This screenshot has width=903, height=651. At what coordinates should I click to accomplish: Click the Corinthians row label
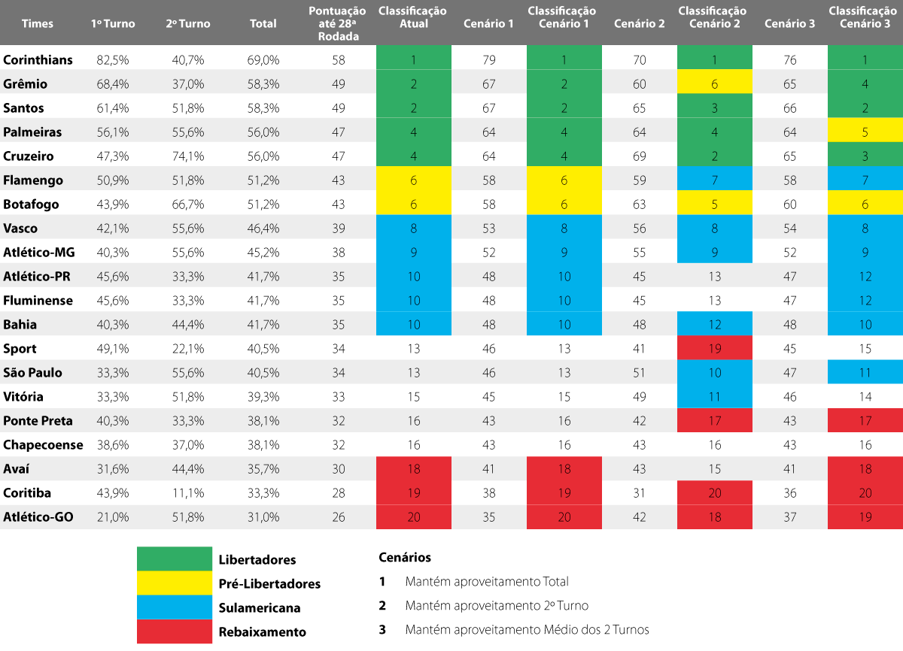(x=38, y=60)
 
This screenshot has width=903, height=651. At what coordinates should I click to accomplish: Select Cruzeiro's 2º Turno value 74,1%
(x=188, y=156)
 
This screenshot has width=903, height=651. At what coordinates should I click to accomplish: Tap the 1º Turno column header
(x=113, y=23)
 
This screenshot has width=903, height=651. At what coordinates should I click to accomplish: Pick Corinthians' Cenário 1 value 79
(x=489, y=60)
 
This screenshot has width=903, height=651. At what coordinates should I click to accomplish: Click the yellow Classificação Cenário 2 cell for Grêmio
(x=714, y=84)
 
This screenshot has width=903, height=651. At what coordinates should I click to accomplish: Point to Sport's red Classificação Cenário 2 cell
(x=714, y=349)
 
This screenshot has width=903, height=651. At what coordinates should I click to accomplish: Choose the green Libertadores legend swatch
(x=175, y=559)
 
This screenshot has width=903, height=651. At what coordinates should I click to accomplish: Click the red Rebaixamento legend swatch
(x=175, y=631)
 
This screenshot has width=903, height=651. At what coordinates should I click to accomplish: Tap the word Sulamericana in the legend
(x=259, y=608)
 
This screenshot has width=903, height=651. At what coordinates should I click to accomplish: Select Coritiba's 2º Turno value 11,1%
(x=188, y=493)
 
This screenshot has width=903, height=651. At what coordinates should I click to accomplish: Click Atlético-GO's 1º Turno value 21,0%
(x=113, y=517)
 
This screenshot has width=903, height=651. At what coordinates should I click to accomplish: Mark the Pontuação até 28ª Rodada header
(x=338, y=23)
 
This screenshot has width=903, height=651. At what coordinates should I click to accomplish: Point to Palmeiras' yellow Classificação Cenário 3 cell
(x=865, y=132)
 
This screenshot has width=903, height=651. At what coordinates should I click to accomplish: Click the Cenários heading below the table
(x=405, y=558)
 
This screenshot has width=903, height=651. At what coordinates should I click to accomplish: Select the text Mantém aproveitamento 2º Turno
(x=497, y=605)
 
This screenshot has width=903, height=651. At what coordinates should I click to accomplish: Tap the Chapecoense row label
(x=43, y=445)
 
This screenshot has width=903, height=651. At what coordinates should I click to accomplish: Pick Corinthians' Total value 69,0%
(x=263, y=60)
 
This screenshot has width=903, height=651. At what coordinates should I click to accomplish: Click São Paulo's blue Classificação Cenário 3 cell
(x=865, y=373)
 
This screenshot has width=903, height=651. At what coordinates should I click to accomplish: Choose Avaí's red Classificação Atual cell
(x=414, y=469)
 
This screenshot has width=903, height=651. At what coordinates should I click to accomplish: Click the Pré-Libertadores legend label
(x=269, y=584)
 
